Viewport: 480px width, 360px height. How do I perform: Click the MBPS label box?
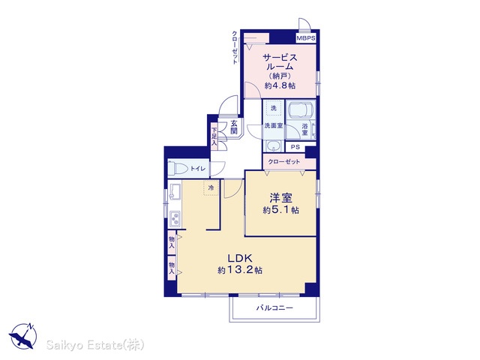pyautogui.click(x=305, y=38)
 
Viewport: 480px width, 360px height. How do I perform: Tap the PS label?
pyautogui.click(x=295, y=147)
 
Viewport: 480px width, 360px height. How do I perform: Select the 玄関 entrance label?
pyautogui.click(x=233, y=127)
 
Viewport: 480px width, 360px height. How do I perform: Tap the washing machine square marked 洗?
pyautogui.click(x=273, y=108)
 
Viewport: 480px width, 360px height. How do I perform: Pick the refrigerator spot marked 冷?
pyautogui.click(x=211, y=187)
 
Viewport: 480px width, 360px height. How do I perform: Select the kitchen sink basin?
pyautogui.click(x=175, y=191)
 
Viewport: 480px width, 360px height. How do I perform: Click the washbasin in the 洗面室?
pyautogui.click(x=273, y=146)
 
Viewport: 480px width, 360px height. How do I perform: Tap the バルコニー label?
pyautogui.click(x=274, y=307)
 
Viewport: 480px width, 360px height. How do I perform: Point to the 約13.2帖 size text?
pyautogui.click(x=240, y=270)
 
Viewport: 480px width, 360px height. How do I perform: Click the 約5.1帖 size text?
pyautogui.click(x=280, y=210)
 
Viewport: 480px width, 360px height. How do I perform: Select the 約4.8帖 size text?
pyautogui.click(x=280, y=85)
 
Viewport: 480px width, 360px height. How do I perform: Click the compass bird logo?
pyautogui.click(x=22, y=336)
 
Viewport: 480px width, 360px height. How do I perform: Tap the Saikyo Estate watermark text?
pyautogui.click(x=95, y=345)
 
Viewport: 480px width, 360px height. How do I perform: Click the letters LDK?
pyautogui.click(x=239, y=258)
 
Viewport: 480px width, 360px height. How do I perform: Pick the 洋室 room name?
pyautogui.click(x=280, y=198)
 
